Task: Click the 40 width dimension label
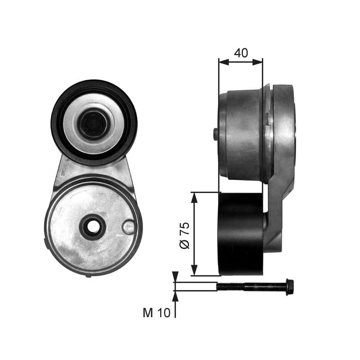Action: [x=241, y=53]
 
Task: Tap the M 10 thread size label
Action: [x=157, y=313]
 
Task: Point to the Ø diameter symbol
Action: [x=185, y=244]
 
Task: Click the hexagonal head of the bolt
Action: [x=290, y=286]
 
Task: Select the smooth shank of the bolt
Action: [x=265, y=286]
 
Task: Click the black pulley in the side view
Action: [x=241, y=234]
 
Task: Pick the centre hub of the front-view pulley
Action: [x=93, y=124]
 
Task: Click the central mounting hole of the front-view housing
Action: [x=93, y=227]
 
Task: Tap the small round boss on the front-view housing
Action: [x=129, y=227]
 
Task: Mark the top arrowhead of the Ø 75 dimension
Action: [x=194, y=196]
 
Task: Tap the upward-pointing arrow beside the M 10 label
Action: [x=175, y=295]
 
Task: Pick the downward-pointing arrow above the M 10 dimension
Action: [x=175, y=277]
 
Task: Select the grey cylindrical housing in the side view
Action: [x=243, y=135]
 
